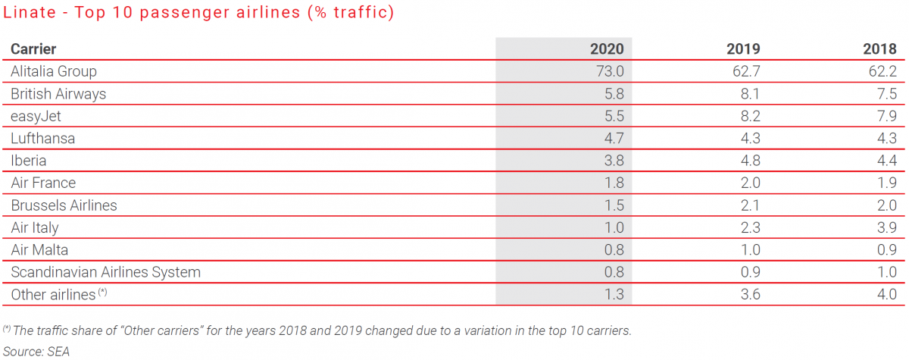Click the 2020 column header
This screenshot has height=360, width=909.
point(607,49)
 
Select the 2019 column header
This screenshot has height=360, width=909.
point(743,49)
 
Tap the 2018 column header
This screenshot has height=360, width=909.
point(879,49)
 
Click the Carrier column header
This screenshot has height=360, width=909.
point(33,49)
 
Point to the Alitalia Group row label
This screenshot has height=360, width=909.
point(54,72)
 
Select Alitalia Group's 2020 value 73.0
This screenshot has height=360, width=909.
point(609,72)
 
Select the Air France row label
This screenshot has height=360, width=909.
point(43,183)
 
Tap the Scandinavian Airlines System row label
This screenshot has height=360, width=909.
point(105,272)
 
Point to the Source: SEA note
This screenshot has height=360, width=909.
point(37,351)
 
